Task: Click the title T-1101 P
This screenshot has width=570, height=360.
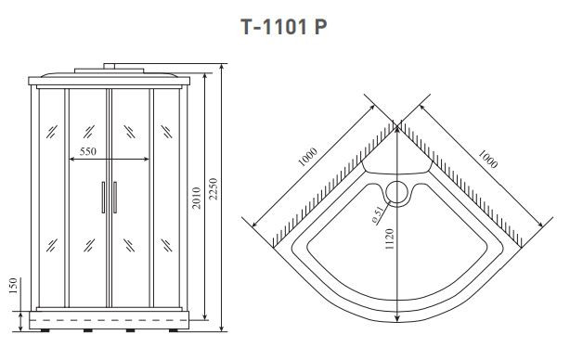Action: tap(284, 27)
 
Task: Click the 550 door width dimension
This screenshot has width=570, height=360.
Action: tap(89, 150)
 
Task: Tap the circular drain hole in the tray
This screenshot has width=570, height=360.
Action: tap(399, 193)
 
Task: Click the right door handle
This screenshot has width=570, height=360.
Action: tap(116, 198)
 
